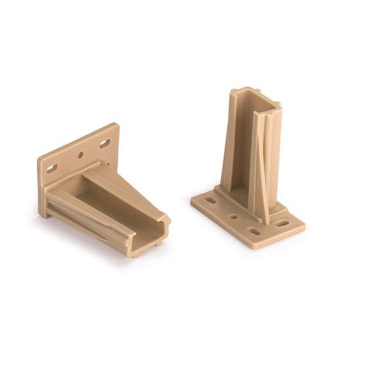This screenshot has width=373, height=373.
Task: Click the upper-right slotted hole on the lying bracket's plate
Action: coord(104,143)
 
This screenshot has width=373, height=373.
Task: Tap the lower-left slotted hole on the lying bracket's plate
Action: coord(52,169)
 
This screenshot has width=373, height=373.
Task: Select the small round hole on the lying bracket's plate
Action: coord(80,155)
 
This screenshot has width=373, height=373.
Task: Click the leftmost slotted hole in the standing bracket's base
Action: coord(211,199)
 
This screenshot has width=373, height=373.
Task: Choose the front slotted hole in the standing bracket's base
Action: coord(254,231)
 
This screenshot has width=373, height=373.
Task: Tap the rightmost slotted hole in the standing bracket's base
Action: coord(281,224)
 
